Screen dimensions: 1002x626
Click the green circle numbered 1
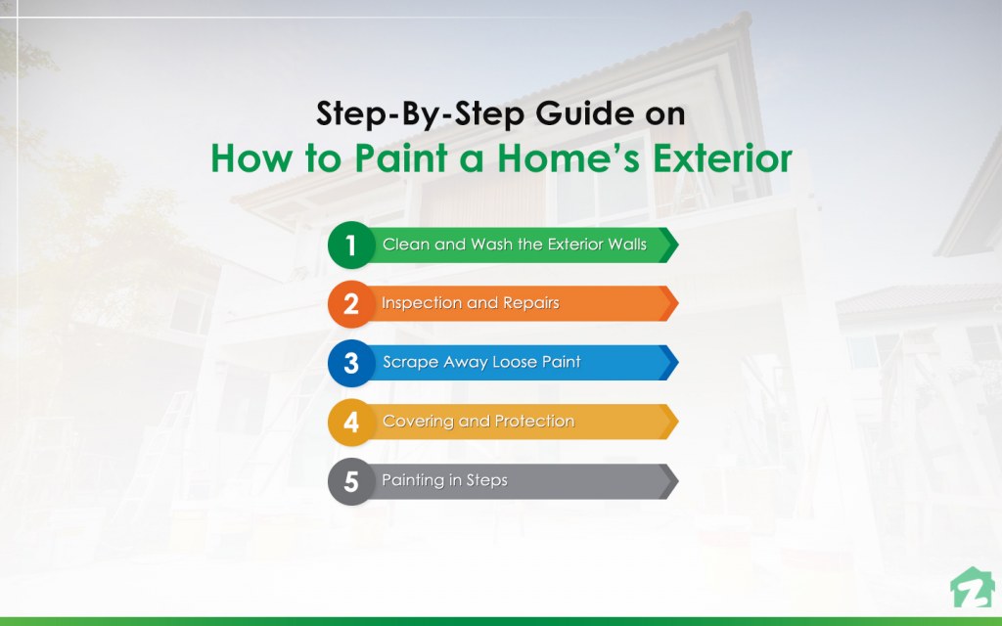pyautogui.click(x=351, y=245)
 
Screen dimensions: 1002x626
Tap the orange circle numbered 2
pyautogui.click(x=351, y=304)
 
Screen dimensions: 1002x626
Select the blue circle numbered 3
pyautogui.click(x=351, y=363)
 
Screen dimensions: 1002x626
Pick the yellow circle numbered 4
pyautogui.click(x=351, y=423)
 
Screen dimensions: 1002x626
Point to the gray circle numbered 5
pyautogui.click(x=351, y=481)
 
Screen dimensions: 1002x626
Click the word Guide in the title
pyautogui.click(x=585, y=113)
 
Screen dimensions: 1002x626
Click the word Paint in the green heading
pyautogui.click(x=400, y=158)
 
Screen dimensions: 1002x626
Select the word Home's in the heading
pyautogui.click(x=569, y=158)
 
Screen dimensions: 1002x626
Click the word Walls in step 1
pyautogui.click(x=627, y=244)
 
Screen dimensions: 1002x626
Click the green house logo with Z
pyautogui.click(x=972, y=587)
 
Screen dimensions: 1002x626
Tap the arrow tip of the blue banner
pyautogui.click(x=678, y=363)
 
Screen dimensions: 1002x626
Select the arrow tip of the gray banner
pyautogui.click(x=678, y=481)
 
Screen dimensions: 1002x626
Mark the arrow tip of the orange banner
pyautogui.click(x=678, y=303)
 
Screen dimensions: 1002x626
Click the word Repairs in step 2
pyautogui.click(x=531, y=303)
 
